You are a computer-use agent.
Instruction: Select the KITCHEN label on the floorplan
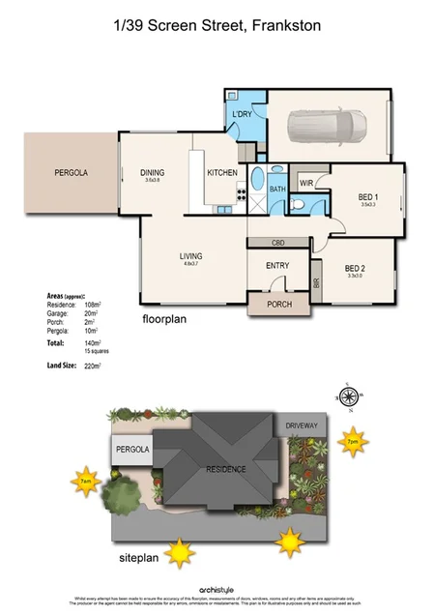pos(222,173)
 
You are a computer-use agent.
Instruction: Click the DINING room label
pos(153,173)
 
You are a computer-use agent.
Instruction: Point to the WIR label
pos(305,181)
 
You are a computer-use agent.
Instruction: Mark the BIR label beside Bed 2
pos(315,283)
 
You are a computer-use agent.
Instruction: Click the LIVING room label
pos(190,256)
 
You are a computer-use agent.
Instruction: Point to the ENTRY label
pos(276,266)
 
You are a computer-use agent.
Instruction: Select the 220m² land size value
pos(94,366)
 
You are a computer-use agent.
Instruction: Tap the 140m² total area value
pos(94,342)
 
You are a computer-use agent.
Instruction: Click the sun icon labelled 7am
pos(86,480)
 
